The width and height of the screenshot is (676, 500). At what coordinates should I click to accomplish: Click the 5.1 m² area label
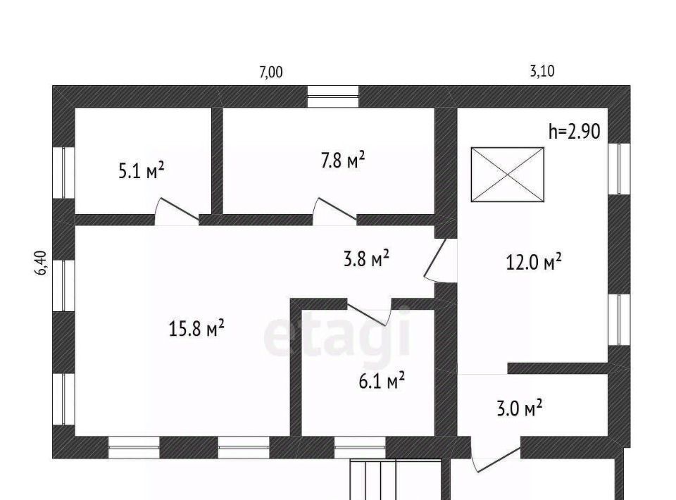(142, 170)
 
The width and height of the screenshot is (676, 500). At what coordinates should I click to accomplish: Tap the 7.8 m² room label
(343, 160)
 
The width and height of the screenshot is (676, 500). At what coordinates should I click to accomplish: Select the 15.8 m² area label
(196, 328)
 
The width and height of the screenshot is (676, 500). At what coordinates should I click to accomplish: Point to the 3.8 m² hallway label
(366, 259)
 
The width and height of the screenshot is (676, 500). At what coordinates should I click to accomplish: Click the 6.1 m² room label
(382, 381)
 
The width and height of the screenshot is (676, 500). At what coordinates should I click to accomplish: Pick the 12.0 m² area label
(533, 262)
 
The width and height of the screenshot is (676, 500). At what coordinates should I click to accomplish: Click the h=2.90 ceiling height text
(575, 131)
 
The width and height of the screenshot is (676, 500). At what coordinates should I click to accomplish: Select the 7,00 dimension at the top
(270, 72)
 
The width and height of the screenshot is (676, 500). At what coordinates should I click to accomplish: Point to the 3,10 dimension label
(542, 70)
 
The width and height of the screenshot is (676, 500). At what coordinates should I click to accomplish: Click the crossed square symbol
(508, 175)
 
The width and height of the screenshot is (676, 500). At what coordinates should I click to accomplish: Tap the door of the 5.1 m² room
(177, 211)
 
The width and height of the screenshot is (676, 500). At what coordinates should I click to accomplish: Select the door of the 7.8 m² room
(334, 211)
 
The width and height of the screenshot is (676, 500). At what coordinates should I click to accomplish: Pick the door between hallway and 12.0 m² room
(439, 261)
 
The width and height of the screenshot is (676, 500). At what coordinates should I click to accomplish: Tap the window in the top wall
(333, 96)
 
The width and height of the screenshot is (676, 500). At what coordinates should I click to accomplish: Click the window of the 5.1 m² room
(63, 173)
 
